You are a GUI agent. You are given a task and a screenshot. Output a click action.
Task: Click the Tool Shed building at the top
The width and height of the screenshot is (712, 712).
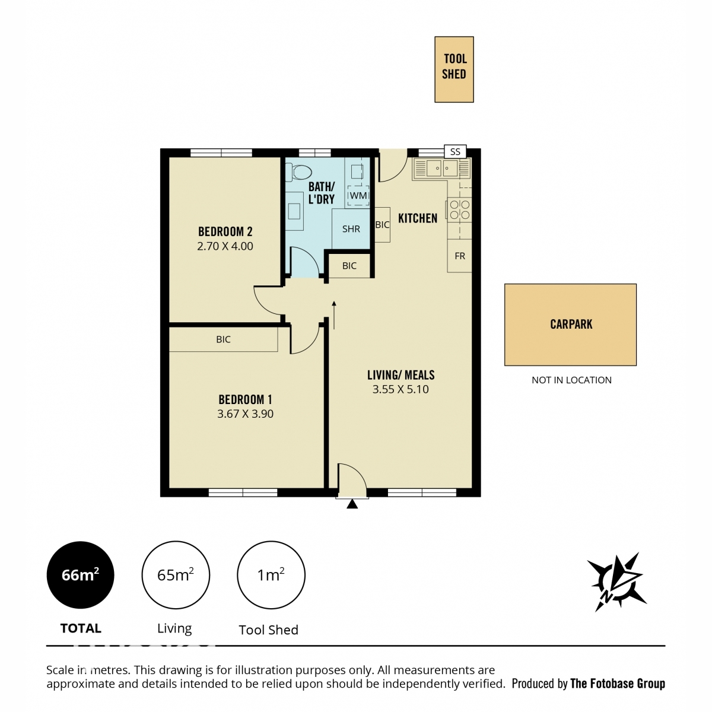[x=454, y=69]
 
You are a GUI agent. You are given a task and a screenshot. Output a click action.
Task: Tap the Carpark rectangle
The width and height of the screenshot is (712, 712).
[x=570, y=325]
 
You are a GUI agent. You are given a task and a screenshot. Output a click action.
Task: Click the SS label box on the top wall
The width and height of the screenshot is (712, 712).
[x=455, y=151]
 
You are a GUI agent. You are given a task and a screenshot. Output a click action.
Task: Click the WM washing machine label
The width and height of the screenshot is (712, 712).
[x=358, y=195]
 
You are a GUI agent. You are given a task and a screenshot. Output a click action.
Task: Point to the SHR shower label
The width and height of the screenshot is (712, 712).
[x=351, y=228]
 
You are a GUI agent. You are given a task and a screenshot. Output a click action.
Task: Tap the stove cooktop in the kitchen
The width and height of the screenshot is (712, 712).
[x=459, y=209]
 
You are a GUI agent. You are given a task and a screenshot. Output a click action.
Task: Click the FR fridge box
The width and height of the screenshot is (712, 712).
[x=459, y=256]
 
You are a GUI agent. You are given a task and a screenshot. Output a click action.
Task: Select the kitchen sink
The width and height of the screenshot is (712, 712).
[x=442, y=168]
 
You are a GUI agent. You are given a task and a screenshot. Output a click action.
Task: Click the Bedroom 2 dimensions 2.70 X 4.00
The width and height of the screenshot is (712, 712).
[x=225, y=246]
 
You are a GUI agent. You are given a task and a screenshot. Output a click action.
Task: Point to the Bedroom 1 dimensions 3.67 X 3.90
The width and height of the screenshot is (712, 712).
[x=245, y=414]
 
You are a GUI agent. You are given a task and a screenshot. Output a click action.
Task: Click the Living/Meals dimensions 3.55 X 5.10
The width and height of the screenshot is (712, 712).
[x=401, y=389]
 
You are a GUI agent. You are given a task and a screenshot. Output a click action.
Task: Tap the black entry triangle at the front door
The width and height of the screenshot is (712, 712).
[x=352, y=504]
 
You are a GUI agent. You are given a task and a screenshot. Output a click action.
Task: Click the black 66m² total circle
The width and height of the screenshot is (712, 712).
[x=81, y=575]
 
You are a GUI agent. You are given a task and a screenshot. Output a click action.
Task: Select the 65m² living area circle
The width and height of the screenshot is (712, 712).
[x=176, y=575]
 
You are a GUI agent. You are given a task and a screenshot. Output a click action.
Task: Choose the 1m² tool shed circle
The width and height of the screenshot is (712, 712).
[x=271, y=575]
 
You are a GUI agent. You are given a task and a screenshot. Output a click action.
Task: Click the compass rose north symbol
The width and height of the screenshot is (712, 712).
[x=616, y=583]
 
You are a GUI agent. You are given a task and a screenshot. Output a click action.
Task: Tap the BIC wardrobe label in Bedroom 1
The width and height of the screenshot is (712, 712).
[x=223, y=339]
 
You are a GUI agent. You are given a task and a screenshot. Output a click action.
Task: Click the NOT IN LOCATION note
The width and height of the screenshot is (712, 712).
[x=571, y=380]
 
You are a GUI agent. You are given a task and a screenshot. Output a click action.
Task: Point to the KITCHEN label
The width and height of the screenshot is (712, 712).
[x=418, y=218]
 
